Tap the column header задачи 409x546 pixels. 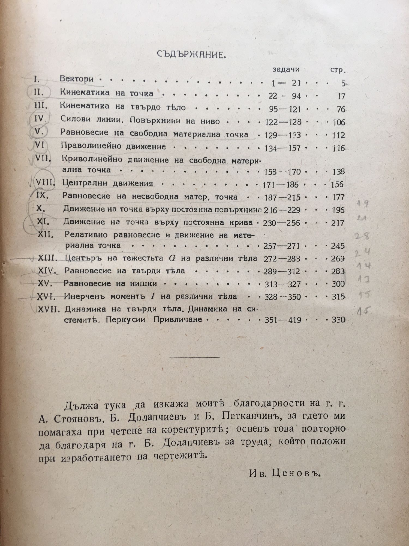click(286, 70)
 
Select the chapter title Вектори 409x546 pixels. click(77, 79)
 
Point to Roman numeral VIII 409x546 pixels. click(45, 183)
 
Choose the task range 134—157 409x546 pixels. click(282, 148)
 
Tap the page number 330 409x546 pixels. click(338, 319)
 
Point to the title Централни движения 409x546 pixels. click(107, 183)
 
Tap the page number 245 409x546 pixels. click(338, 246)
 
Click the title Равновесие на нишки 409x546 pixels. click(110, 284)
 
